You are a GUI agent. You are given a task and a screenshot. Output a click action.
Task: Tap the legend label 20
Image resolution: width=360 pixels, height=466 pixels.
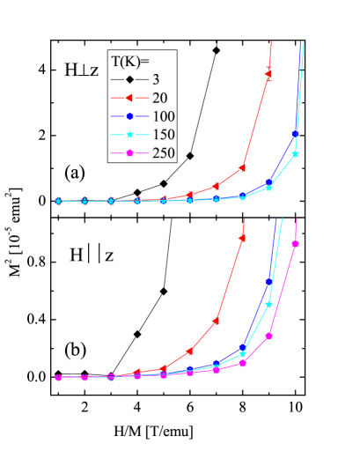tap(159, 98)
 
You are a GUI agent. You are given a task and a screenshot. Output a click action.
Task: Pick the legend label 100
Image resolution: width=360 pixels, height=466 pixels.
tap(163, 116)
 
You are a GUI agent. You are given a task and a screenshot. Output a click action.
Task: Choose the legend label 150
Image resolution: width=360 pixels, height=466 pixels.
tap(163, 135)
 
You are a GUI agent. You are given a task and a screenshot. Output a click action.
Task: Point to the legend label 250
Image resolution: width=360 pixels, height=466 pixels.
tap(163, 153)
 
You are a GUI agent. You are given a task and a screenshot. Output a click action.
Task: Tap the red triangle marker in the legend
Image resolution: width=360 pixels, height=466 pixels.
tap(129, 98)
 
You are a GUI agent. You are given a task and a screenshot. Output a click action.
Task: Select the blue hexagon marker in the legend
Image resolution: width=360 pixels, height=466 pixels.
tap(129, 116)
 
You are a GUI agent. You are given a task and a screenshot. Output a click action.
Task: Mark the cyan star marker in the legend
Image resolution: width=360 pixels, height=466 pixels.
tap(129, 135)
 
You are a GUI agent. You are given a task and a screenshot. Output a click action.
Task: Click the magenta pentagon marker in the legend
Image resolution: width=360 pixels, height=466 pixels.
tap(129, 153)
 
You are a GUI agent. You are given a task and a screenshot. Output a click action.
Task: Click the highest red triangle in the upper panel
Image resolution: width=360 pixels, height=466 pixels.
tap(269, 72)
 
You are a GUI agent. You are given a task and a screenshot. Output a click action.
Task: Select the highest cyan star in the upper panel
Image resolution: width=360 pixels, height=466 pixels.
tap(296, 154)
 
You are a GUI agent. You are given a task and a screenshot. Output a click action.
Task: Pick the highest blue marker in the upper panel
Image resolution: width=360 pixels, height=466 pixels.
tap(296, 134)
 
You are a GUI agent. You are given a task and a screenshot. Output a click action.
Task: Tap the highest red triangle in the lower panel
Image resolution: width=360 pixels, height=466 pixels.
tap(243, 238)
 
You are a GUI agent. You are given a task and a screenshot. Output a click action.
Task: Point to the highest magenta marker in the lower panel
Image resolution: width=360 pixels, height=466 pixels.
tap(296, 244)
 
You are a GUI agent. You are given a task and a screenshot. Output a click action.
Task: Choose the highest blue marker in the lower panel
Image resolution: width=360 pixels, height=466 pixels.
tap(269, 282)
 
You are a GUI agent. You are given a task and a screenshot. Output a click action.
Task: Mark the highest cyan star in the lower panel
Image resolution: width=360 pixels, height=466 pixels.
tap(269, 305)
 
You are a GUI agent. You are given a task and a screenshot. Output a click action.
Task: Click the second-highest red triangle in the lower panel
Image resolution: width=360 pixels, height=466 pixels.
tap(217, 322)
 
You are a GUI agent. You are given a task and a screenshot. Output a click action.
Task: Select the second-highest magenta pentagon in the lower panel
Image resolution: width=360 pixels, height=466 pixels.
tap(269, 336)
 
